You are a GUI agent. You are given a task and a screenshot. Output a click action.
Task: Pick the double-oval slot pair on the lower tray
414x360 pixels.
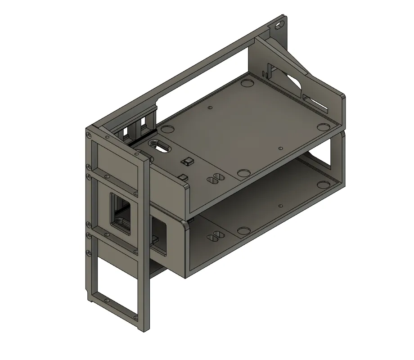214,235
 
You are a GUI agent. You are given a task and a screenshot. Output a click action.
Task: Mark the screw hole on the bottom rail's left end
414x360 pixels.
107,299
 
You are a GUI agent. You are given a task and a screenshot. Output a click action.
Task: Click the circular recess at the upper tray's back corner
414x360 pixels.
247,83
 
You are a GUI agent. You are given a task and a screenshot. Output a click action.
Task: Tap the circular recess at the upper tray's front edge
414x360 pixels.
243,173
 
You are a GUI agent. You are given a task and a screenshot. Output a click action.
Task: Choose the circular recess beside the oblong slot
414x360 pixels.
167,129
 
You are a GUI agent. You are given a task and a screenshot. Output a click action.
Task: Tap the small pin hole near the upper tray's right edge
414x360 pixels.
280,148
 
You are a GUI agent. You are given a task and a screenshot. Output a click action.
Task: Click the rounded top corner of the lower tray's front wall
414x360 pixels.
184,224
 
